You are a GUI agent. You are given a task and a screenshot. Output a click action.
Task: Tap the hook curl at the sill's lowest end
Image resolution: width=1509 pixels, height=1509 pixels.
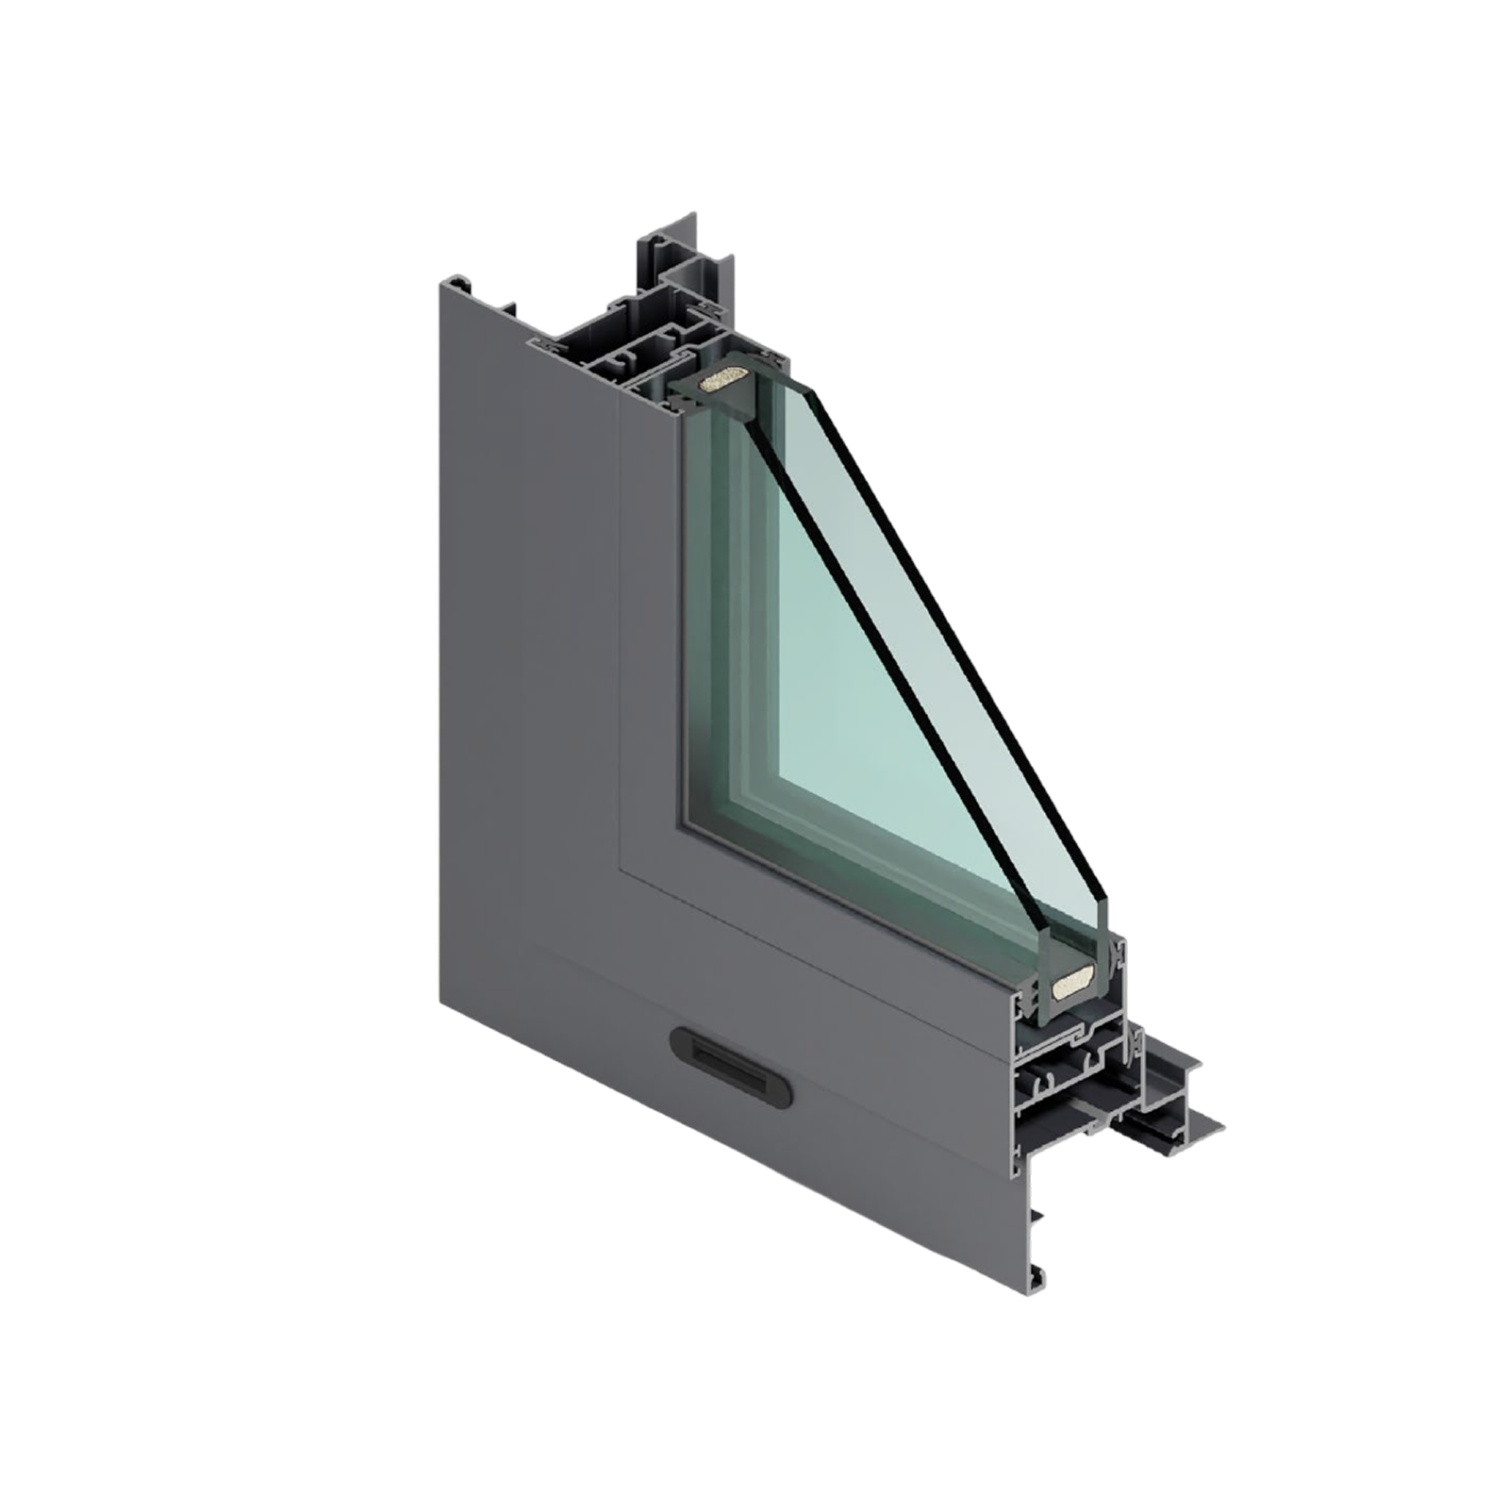click(1039, 1282)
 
